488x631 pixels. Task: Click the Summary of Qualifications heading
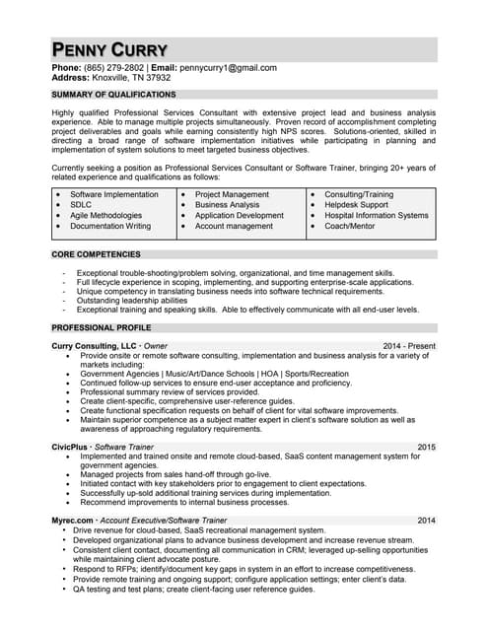(113, 95)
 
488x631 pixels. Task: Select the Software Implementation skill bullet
(113, 195)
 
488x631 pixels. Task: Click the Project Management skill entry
(232, 195)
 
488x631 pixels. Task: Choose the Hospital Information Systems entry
(376, 215)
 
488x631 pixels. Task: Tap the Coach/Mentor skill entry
(351, 226)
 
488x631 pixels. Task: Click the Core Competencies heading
(96, 255)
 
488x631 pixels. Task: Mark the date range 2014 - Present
(409, 346)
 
